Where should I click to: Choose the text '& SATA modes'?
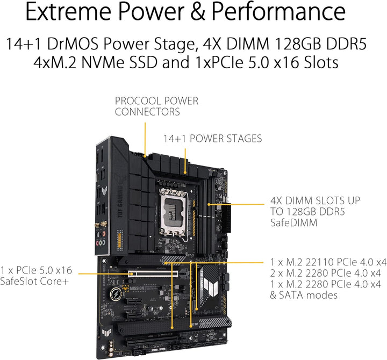[304, 294]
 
